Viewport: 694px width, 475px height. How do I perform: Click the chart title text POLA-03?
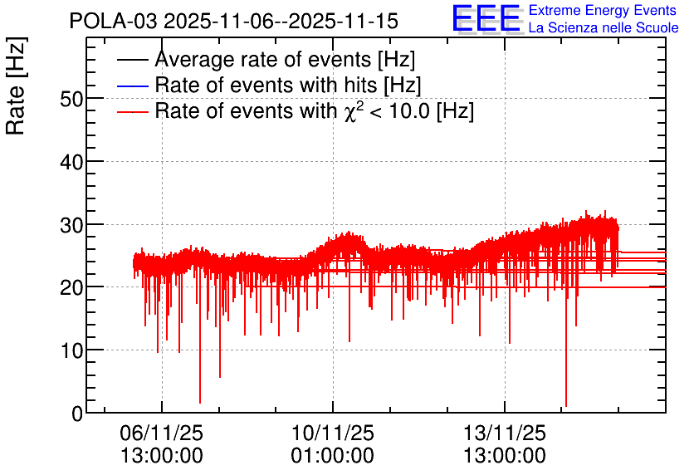coord(113,21)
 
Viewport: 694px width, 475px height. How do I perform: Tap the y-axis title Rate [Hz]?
coord(16,86)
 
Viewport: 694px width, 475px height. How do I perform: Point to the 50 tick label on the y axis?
coord(71,99)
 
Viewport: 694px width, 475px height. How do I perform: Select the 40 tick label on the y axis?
coord(71,163)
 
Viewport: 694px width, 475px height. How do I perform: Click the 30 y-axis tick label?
coord(71,226)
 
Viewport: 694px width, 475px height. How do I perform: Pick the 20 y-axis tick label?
coord(71,289)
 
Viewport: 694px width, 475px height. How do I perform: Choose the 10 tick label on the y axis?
coord(71,351)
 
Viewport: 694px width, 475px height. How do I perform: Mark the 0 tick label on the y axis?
coord(77,414)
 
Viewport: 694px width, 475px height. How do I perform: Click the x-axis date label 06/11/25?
coord(162,433)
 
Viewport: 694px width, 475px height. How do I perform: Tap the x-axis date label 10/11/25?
coord(333,433)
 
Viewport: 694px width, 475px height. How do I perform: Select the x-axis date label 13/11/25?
coord(505,433)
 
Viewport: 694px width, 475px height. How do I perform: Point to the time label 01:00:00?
coord(333,456)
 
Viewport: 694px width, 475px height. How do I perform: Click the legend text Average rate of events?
coord(264,59)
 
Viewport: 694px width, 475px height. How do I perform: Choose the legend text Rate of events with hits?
coord(266,85)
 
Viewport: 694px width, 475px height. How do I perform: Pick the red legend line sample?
coord(133,111)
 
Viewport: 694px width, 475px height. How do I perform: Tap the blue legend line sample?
coord(133,86)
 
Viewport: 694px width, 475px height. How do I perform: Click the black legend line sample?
coord(133,60)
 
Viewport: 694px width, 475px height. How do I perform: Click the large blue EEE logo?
coord(486,18)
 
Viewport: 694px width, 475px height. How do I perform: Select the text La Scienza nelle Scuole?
coord(604,28)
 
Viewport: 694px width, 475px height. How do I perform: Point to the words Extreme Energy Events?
coord(603,10)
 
